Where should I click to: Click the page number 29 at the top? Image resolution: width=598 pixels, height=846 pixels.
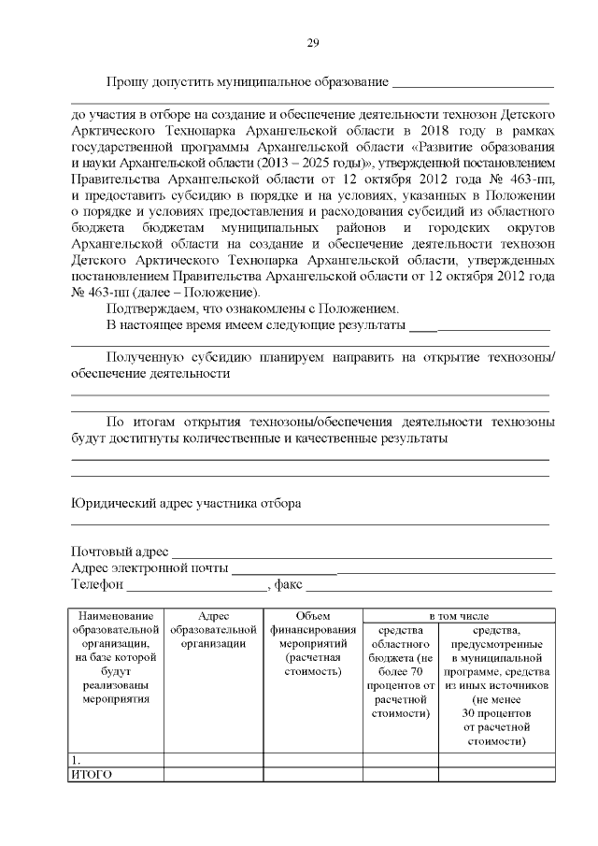point(313,42)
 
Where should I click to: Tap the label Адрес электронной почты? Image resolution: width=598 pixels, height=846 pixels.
point(149,568)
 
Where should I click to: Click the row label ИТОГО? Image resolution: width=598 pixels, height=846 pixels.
point(92,775)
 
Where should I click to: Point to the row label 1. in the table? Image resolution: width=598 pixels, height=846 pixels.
point(76,760)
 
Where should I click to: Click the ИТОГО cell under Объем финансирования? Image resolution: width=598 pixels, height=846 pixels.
point(312,775)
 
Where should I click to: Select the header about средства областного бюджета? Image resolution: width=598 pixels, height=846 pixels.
point(400,672)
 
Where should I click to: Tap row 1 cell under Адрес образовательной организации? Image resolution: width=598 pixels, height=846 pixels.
point(213,760)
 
